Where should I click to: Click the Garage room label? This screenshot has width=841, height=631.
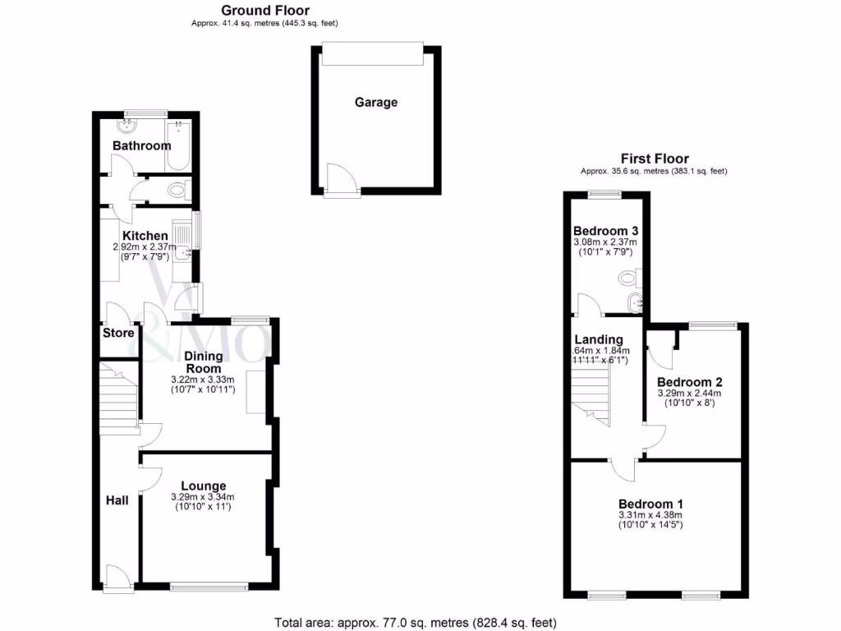(376, 103)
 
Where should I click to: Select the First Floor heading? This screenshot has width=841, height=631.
(654, 159)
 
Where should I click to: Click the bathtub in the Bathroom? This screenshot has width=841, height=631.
(177, 146)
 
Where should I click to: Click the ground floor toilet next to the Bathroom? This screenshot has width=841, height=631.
(176, 191)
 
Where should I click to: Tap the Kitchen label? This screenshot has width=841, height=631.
(145, 236)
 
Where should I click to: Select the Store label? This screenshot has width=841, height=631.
(118, 334)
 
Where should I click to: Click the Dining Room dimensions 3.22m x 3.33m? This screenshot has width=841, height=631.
(203, 380)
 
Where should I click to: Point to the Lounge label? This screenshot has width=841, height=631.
(203, 486)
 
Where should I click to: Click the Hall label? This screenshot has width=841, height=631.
(117, 500)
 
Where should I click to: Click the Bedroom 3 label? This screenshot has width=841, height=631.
(604, 230)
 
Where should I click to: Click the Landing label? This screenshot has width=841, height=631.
(598, 339)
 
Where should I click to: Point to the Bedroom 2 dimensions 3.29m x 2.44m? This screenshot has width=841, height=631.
(689, 394)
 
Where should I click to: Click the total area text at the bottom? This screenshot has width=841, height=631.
(420, 622)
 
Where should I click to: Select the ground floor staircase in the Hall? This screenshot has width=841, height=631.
(116, 403)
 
